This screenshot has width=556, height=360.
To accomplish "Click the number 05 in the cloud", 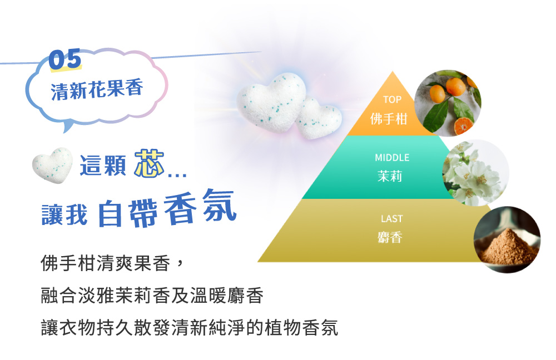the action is click(65, 59).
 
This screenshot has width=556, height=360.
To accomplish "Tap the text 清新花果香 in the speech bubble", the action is click(97, 89).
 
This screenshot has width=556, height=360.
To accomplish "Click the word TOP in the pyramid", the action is click(392, 99).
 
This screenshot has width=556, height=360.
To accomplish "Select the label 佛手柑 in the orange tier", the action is click(389, 119).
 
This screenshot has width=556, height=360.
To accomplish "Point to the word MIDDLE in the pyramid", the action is click(392, 158).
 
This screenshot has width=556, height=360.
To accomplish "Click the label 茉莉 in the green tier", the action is click(390, 176).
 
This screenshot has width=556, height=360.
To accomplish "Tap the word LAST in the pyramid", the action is click(392, 219).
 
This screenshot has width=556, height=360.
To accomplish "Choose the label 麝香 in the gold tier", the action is click(390, 237).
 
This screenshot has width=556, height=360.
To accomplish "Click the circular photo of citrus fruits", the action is click(448, 103).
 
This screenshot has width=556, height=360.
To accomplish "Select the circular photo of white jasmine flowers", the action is click(475, 173).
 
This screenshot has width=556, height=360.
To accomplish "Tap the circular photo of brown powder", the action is click(507, 239).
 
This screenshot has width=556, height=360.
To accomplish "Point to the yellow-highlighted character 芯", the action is click(149, 163).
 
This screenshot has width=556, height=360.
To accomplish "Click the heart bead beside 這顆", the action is click(52, 165).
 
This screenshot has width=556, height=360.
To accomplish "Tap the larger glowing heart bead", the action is click(272, 102).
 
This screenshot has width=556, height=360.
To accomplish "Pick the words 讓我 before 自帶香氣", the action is click(64, 215).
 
